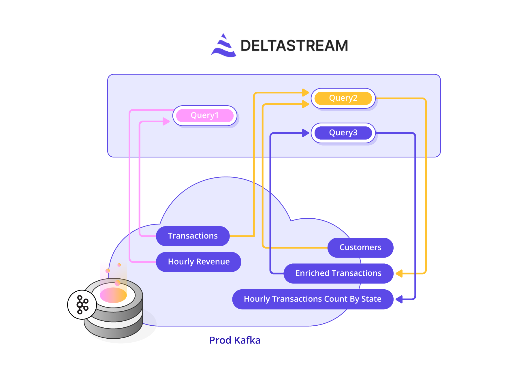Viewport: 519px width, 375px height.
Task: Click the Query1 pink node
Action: point(205,115)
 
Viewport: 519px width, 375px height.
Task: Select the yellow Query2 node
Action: point(343,98)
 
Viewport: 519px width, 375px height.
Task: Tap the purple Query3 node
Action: point(343,133)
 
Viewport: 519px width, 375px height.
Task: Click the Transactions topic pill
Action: point(193,236)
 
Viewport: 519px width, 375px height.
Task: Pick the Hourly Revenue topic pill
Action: point(198,262)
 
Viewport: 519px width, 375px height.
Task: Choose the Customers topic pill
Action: point(360,247)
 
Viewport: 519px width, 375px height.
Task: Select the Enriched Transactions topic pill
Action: point(338,273)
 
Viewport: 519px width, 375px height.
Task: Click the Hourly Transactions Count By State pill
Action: point(313,299)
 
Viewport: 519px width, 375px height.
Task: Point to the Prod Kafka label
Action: point(235,340)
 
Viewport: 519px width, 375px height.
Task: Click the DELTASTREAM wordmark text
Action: point(294,46)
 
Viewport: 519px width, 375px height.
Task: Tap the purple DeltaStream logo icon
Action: point(223,46)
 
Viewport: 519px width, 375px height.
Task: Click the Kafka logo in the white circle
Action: point(82,305)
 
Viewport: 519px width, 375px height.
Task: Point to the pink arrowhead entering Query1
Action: point(166,121)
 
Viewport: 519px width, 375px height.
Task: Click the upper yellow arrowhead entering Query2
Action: point(305,93)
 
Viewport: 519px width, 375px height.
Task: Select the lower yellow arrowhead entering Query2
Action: point(305,104)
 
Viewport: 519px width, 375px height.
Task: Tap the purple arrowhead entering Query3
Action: point(305,133)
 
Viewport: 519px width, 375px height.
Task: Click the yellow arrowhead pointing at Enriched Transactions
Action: point(399,273)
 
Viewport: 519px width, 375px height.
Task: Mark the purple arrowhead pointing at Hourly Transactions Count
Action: point(399,299)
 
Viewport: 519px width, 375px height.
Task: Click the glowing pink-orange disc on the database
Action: point(113,295)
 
